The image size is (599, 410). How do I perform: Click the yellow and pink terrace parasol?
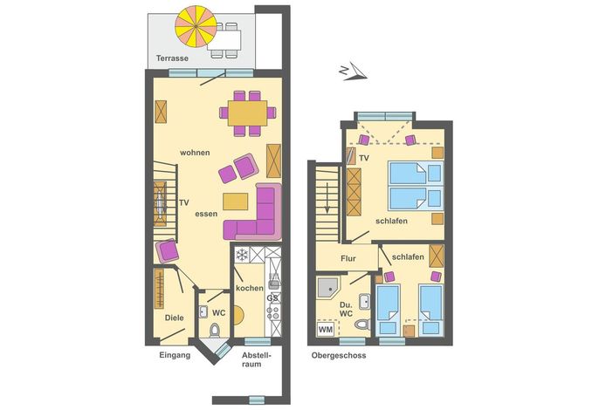coord(196,26)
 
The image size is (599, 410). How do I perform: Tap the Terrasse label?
coord(172,58)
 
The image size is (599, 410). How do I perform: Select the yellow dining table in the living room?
coord(248,113)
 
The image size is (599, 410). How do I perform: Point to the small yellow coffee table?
coord(236,202)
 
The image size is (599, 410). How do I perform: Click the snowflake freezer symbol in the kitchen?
coord(242,255)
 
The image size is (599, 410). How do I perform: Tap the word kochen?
coord(250,288)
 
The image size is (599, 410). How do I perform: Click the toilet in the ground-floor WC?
coord(215,330)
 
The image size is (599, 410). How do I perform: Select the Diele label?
coord(175,318)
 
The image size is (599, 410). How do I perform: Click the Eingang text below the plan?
coord(175,355)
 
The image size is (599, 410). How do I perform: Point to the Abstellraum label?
coord(256,359)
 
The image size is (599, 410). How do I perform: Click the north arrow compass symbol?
coord(353,72)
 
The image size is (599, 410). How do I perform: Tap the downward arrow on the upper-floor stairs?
coord(327,198)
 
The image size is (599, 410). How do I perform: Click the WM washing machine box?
coord(326,329)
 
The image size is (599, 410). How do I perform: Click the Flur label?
coord(348,258)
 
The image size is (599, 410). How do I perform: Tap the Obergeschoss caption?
coord(339,355)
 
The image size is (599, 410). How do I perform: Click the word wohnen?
coord(195,153)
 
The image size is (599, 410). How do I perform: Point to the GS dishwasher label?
coord(272,297)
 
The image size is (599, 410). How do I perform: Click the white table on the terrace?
coord(224,40)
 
